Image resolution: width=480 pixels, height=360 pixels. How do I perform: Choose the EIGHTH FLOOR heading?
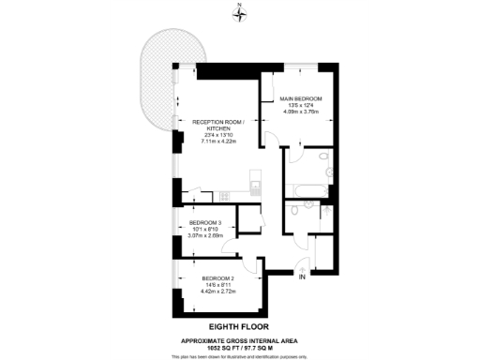click(240, 325)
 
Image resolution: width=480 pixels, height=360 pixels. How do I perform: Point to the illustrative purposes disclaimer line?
click(240, 355)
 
